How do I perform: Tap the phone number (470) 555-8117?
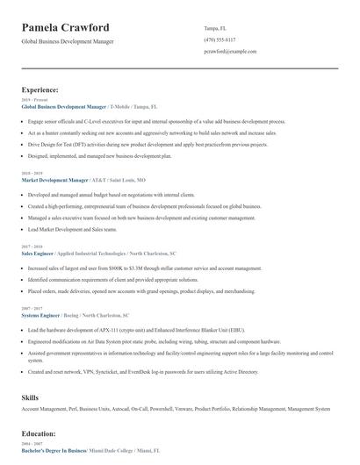pos(220,39)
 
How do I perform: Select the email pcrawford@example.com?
pos(230,51)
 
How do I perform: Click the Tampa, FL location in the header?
pos(216,27)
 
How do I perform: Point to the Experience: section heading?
pos(40,89)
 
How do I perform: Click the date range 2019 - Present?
pos(32,100)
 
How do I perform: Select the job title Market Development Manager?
pos(61,178)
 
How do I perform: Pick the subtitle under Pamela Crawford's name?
pos(67,41)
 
